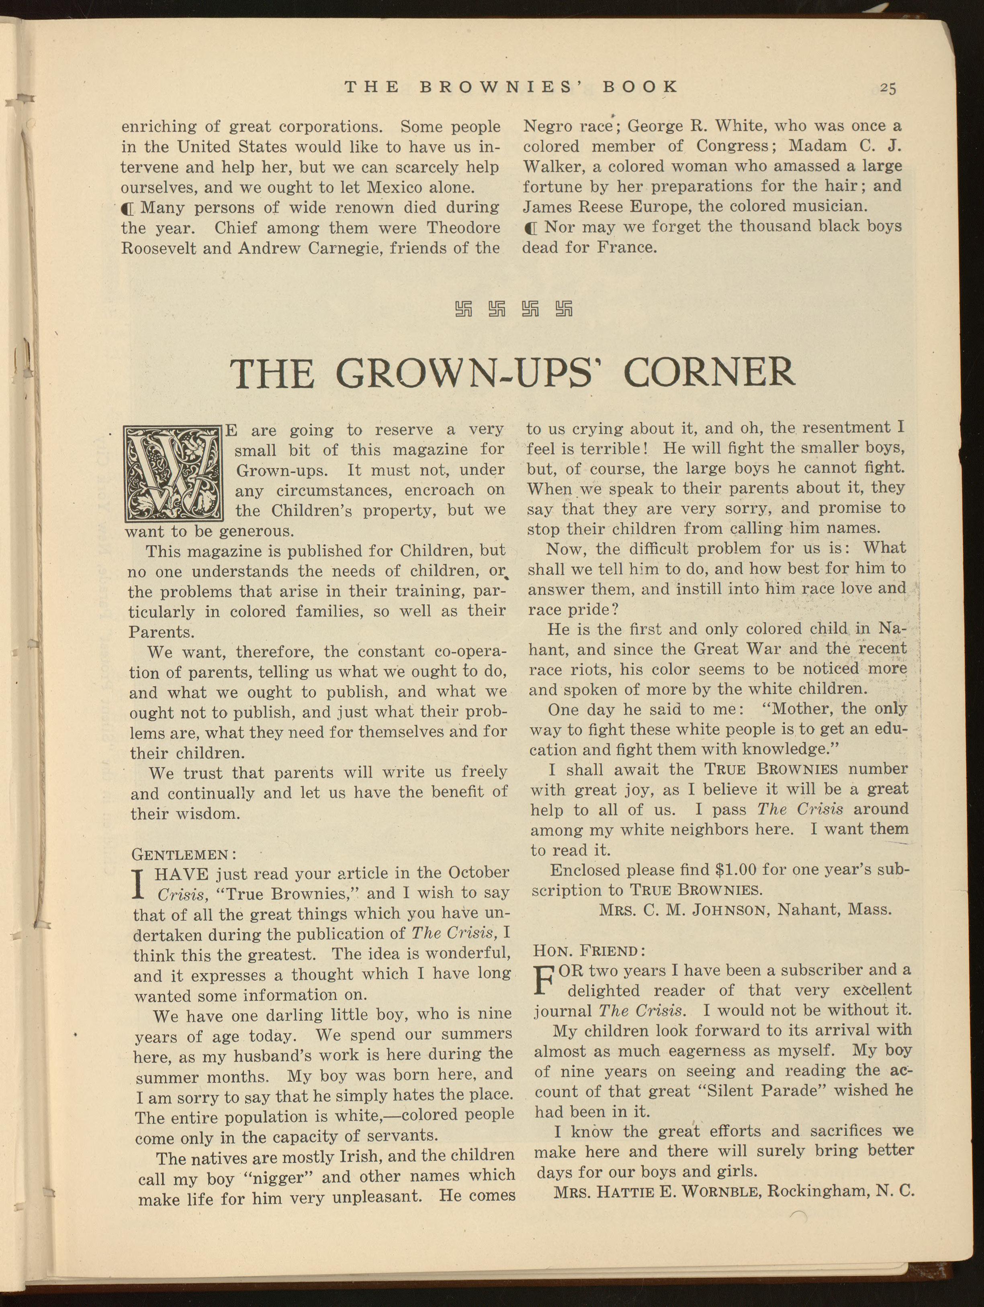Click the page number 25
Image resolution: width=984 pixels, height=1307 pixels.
(x=887, y=88)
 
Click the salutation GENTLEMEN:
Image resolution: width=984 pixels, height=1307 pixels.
(x=184, y=854)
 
